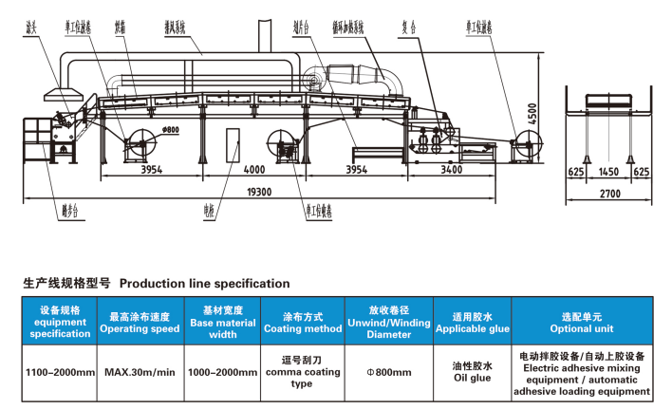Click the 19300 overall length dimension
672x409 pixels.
pos(259,192)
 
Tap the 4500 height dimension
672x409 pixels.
pos(532,117)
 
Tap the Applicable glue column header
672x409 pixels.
pos(472,323)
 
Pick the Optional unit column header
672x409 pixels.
pos(583,323)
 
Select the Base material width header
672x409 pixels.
pos(222,323)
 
